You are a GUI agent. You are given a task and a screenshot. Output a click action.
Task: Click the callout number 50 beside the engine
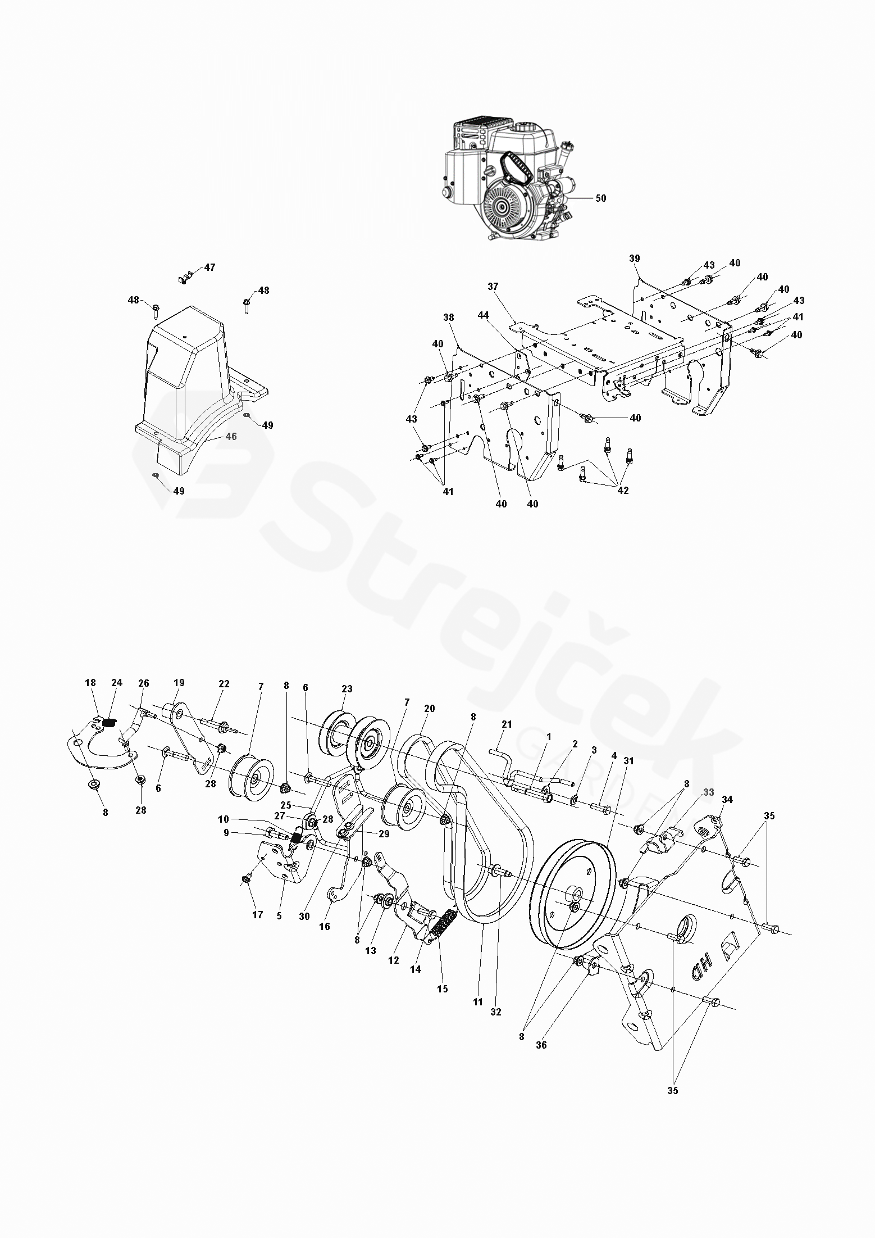(600, 198)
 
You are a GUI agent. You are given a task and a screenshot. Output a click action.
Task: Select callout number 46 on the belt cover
(231, 436)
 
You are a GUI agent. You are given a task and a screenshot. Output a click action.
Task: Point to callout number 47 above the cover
(209, 267)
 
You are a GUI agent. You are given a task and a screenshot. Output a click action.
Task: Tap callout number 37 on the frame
(493, 287)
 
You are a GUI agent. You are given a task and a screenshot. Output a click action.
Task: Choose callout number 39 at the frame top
(634, 259)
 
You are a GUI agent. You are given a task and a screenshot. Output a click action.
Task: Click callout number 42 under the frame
(623, 490)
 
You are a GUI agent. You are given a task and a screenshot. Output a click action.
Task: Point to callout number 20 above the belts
(430, 709)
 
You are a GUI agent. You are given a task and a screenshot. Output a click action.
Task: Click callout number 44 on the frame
(483, 316)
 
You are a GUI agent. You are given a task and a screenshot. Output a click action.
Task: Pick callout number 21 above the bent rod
(507, 724)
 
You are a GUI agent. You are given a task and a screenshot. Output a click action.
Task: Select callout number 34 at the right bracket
(727, 799)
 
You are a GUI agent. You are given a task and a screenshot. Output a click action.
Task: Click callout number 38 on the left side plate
(448, 317)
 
